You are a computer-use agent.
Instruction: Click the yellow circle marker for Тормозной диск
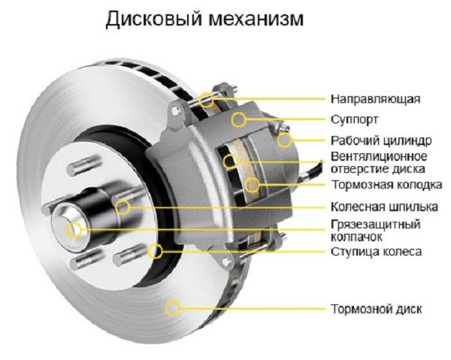click(x=174, y=307)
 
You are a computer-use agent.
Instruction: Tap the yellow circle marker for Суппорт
click(x=238, y=119)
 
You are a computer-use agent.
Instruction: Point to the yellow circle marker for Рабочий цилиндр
click(x=284, y=140)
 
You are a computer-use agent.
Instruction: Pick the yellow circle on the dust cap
click(x=74, y=230)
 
